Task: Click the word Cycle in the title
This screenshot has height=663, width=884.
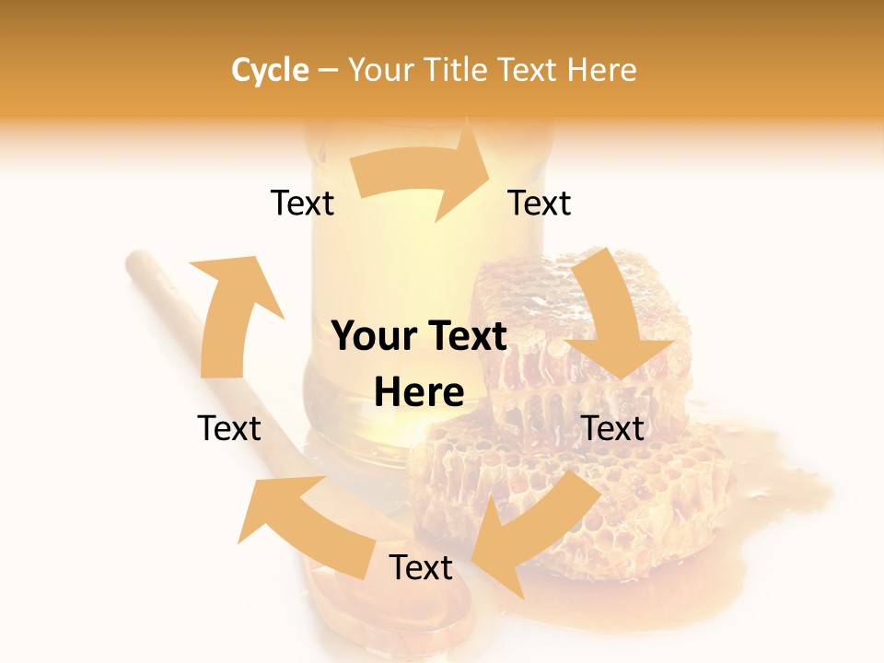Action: tap(270, 70)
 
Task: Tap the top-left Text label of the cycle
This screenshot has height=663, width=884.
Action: tap(302, 203)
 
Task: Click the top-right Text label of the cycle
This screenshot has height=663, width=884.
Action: tap(540, 203)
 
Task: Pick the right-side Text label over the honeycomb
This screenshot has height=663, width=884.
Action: tap(613, 428)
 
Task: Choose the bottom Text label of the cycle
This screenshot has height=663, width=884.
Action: tap(421, 567)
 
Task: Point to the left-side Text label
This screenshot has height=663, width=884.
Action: tap(229, 428)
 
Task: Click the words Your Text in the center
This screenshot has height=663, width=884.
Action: tap(419, 337)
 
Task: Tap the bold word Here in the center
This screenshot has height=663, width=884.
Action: tap(419, 393)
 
